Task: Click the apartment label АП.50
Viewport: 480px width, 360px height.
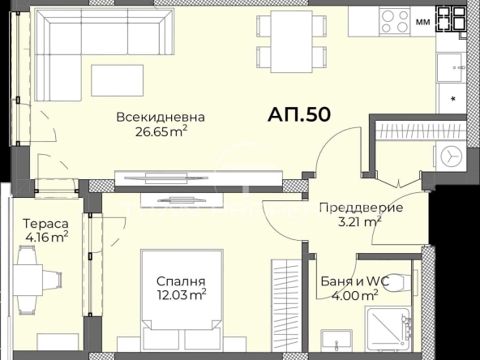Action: click(x=298, y=114)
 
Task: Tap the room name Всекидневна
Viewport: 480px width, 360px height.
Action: click(x=160, y=118)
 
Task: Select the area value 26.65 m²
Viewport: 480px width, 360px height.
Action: click(x=160, y=132)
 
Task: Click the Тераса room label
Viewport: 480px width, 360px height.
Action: click(x=45, y=223)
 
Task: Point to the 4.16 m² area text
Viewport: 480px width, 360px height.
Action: click(x=45, y=237)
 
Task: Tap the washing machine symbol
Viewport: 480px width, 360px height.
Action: click(x=451, y=153)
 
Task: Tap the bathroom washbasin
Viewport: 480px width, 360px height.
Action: click(x=333, y=338)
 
